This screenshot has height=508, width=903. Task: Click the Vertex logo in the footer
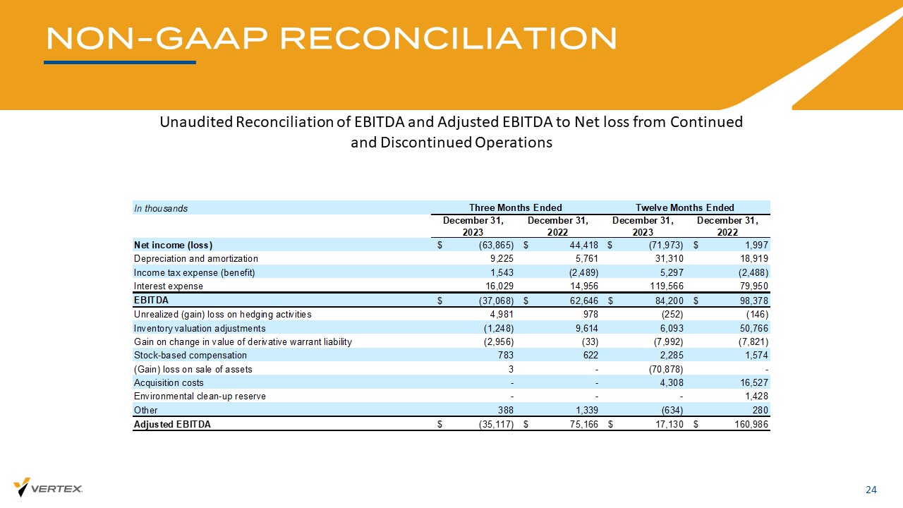48,488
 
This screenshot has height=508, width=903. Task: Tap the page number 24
871,490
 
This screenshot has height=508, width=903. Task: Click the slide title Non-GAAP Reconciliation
331,39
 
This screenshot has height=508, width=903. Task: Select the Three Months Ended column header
516,207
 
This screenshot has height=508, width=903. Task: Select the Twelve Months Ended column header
685,207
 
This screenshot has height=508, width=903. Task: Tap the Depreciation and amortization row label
196,259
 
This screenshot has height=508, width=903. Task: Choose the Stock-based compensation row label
190,356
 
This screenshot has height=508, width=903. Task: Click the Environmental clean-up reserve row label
200,397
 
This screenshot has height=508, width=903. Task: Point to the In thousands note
161,208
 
